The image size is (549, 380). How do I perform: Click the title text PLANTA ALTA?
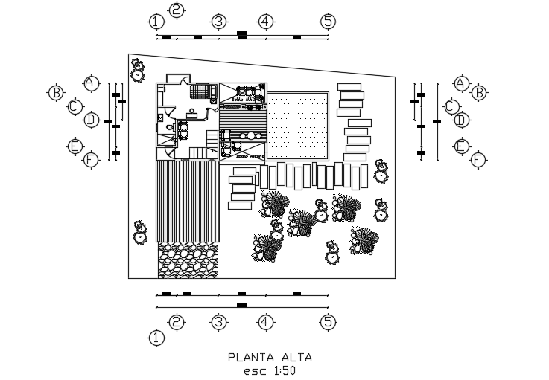(270, 357)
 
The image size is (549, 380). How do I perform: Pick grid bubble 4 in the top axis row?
(266, 21)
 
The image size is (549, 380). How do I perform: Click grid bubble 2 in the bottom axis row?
(177, 321)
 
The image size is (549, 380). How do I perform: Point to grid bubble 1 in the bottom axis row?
(156, 338)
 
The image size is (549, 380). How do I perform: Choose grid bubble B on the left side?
(55, 93)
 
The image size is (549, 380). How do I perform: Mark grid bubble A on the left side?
(91, 83)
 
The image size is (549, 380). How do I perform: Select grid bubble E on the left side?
(74, 146)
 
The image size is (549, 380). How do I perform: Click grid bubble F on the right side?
(478, 160)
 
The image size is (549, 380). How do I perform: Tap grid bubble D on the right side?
(461, 120)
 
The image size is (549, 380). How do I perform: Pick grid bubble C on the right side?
(451, 106)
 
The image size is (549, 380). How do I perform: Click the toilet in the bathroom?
(170, 127)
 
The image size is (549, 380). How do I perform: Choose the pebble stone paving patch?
(188, 260)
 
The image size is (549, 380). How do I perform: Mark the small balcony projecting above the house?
(177, 78)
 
